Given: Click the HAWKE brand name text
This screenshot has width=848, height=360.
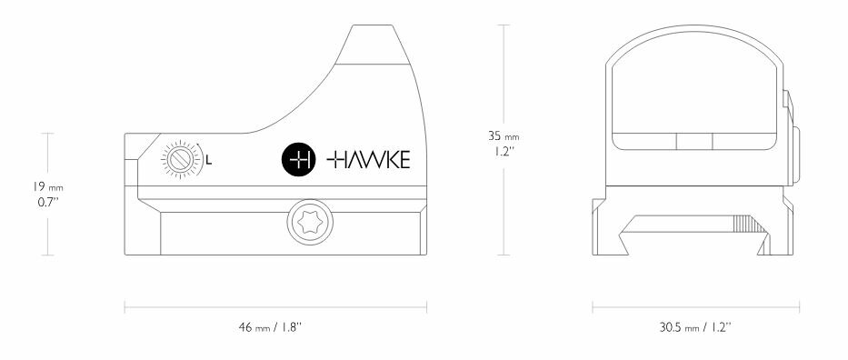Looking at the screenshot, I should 368,160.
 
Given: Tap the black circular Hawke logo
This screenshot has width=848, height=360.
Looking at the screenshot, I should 298,160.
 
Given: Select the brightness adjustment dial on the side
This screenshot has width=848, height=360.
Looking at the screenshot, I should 180,160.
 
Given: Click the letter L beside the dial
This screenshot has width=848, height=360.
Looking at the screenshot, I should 210,161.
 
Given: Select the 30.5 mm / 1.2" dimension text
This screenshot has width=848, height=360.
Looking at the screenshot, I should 696,326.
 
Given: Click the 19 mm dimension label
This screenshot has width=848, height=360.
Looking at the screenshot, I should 44,187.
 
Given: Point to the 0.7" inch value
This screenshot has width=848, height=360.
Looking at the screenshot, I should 43,202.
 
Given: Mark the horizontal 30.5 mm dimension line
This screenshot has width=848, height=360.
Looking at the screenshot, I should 696,307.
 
